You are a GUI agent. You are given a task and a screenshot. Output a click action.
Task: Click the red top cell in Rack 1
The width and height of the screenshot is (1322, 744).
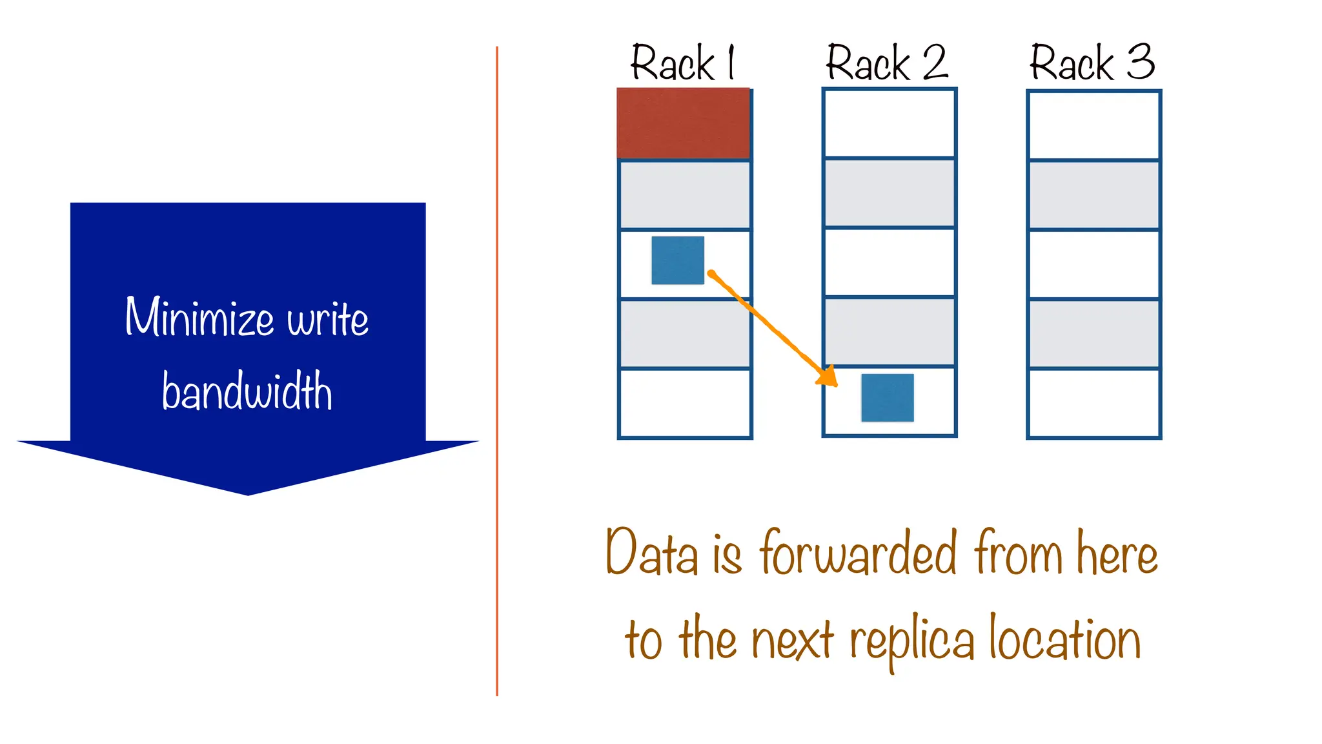tap(683, 123)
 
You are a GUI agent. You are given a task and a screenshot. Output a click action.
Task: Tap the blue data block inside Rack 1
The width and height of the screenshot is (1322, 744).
tap(677, 260)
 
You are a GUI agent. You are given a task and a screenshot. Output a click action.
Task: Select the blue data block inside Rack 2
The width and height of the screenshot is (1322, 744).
tap(887, 398)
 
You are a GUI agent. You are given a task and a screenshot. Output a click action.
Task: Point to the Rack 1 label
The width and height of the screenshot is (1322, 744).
tap(683, 63)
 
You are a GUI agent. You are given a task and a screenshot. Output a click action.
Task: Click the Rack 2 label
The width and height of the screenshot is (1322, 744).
tap(887, 63)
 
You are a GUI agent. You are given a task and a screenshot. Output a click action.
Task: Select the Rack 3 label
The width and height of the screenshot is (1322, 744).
tap(1092, 63)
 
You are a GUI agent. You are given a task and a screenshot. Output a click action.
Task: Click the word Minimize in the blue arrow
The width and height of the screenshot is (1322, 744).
tap(199, 317)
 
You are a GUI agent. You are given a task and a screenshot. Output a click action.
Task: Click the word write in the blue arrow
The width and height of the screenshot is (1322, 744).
tap(328, 318)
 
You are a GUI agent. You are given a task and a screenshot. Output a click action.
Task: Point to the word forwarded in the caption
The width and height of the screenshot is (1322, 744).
tap(859, 553)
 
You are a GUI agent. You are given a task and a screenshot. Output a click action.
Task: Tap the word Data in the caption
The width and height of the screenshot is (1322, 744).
tap(652, 553)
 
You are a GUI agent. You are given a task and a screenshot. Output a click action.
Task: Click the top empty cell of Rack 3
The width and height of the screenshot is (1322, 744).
tap(1093, 125)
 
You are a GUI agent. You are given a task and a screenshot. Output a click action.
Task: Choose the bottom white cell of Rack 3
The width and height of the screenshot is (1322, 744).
tap(1093, 403)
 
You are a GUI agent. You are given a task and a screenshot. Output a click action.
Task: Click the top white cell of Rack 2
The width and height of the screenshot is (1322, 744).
tap(889, 123)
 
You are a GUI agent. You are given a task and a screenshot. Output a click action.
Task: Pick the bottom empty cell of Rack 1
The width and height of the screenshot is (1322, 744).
tap(684, 403)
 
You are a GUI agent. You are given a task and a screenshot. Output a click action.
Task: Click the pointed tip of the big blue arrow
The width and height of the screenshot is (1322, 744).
tap(248, 493)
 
